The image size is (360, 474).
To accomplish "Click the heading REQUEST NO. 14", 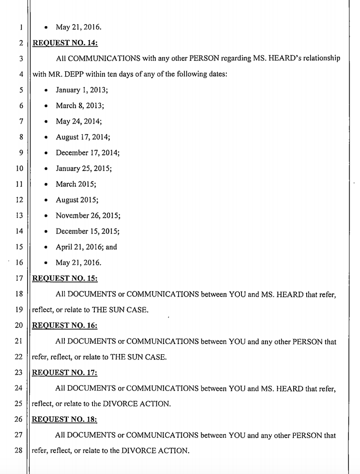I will pyautogui.click(x=64, y=43).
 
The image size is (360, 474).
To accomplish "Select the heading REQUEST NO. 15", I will pyautogui.click(x=64, y=278).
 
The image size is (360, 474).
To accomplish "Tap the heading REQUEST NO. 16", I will pyautogui.click(x=64, y=325).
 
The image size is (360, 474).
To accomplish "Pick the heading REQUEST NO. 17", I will pyautogui.click(x=64, y=372).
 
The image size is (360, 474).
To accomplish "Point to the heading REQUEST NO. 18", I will pyautogui.click(x=64, y=419).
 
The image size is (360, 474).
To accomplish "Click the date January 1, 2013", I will pyautogui.click(x=82, y=90).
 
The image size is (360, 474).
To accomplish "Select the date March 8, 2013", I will pyautogui.click(x=80, y=106).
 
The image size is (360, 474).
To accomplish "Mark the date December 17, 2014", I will pyautogui.click(x=87, y=153).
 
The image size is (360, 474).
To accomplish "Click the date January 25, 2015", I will pyautogui.click(x=83, y=169).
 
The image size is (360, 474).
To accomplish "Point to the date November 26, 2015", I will pyautogui.click(x=88, y=216).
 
